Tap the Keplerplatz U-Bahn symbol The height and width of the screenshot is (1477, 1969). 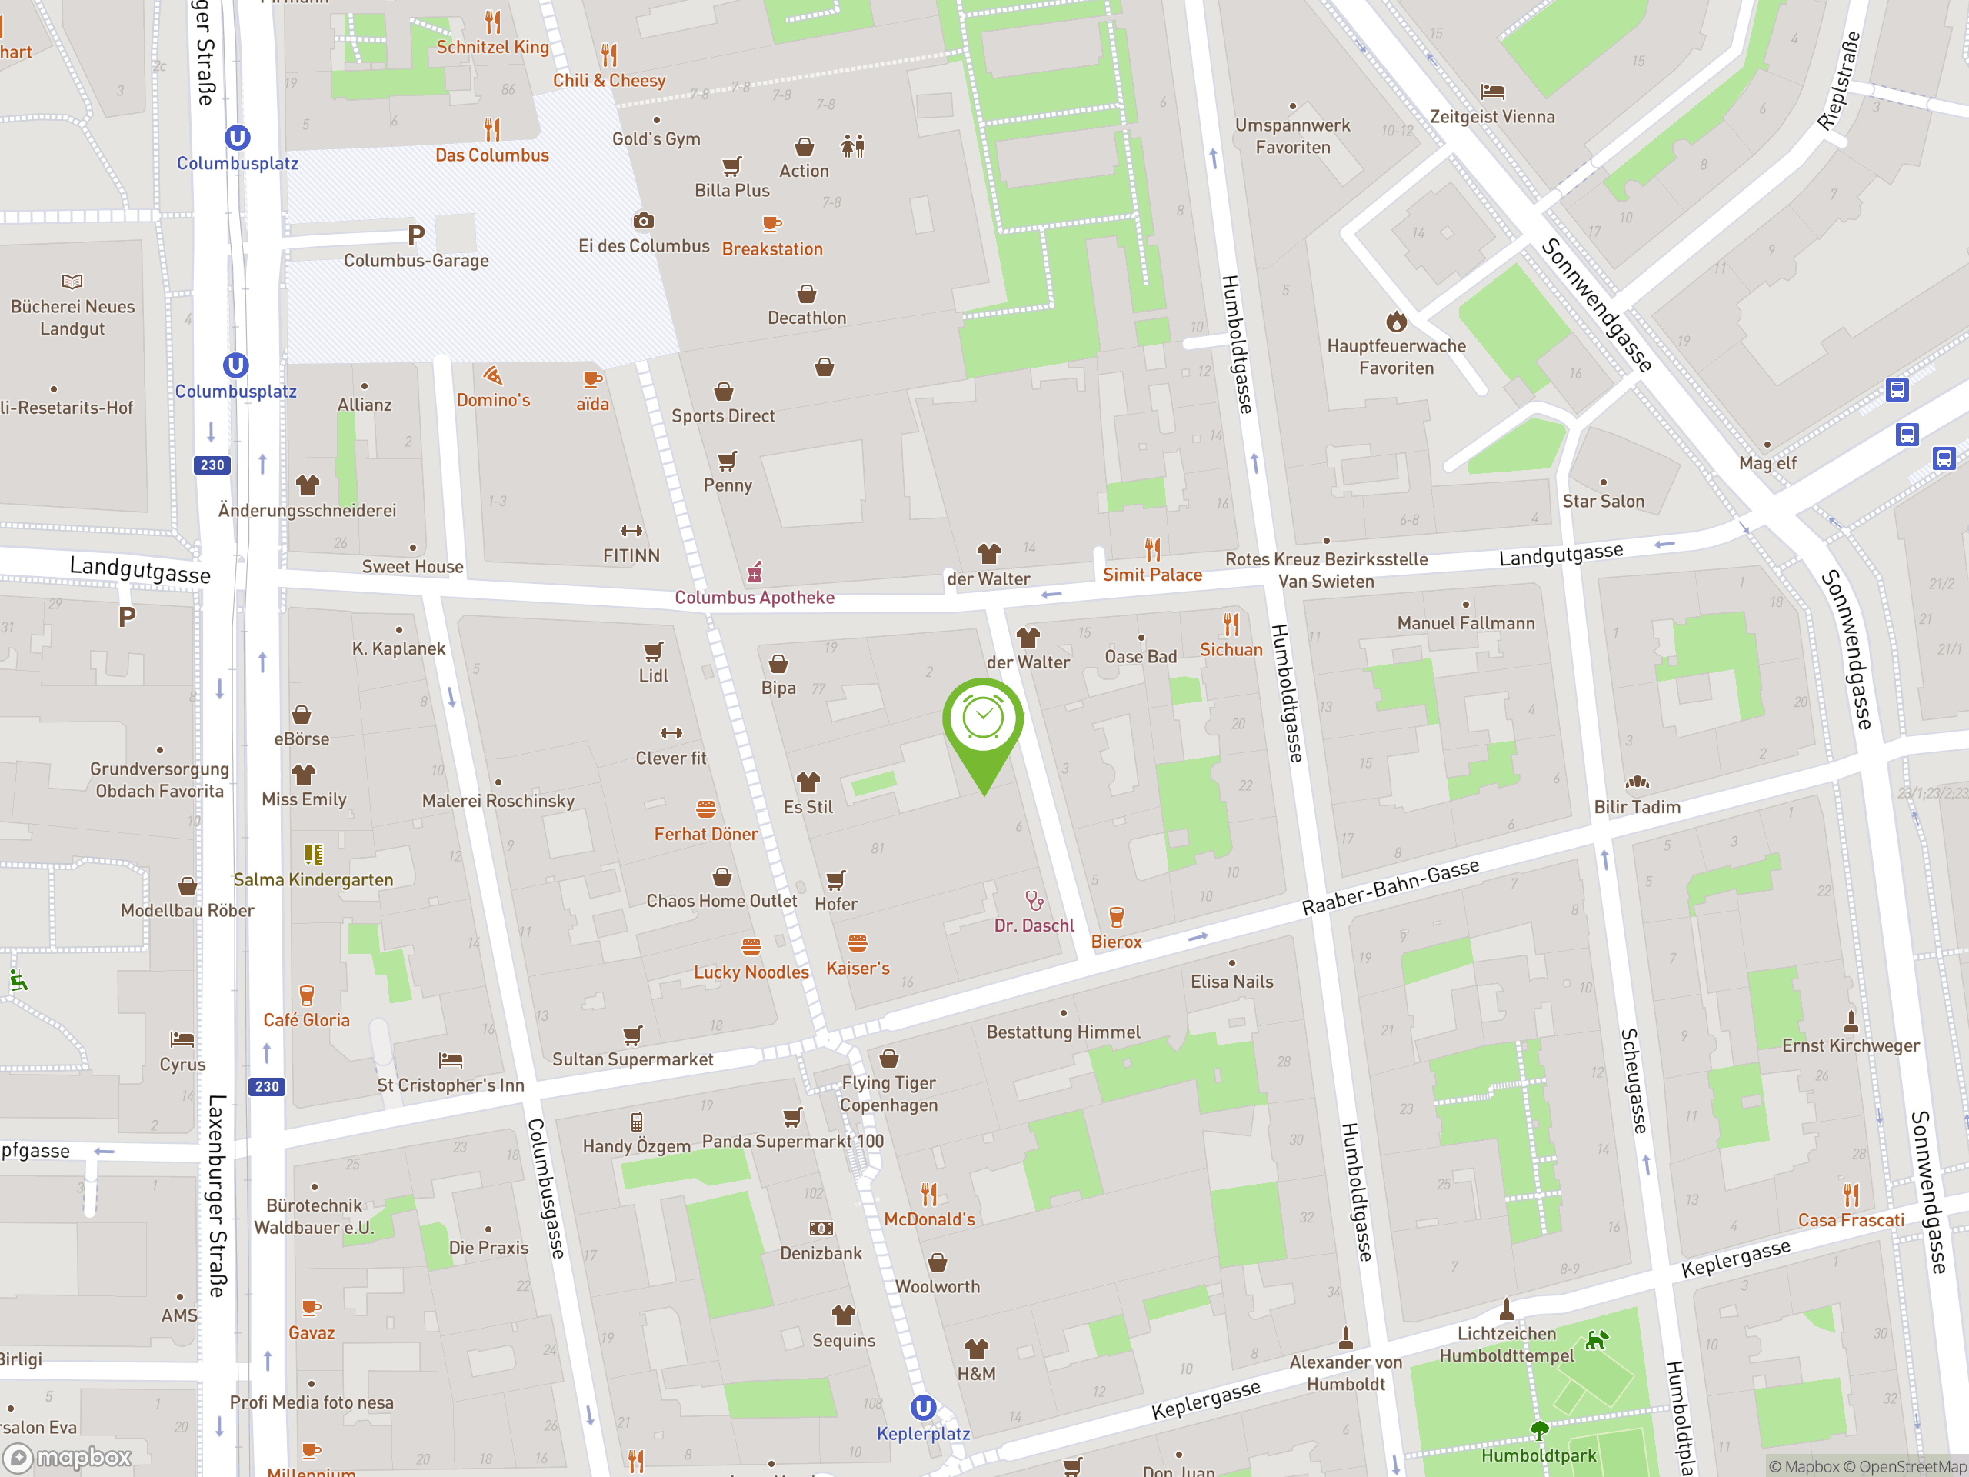[923, 1408]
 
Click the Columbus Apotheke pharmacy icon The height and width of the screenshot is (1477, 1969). [755, 572]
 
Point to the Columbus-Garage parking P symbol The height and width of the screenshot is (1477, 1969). [415, 235]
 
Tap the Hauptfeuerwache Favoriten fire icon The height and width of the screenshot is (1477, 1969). [1396, 321]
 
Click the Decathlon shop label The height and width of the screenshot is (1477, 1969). [807, 318]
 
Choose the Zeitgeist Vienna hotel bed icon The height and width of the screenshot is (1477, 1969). [1492, 92]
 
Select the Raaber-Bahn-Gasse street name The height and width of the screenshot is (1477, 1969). [1391, 887]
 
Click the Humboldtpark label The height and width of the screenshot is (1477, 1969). [1538, 1455]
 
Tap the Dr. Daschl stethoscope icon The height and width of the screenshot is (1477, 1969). [1034, 900]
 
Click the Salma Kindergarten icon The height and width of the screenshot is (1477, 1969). [313, 855]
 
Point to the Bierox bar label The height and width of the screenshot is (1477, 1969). [1116, 942]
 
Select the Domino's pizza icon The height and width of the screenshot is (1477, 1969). [493, 375]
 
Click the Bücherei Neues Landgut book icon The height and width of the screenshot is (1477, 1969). [72, 282]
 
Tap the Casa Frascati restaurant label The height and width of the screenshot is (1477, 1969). [1851, 1221]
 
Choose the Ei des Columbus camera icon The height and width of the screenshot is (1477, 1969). [644, 221]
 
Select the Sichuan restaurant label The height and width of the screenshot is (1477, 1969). [1231, 650]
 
